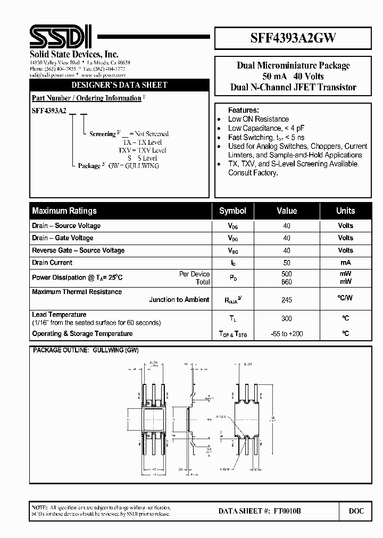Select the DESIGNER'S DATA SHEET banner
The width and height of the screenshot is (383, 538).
pos(119,85)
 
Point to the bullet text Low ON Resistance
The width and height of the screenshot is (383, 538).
pos(259,119)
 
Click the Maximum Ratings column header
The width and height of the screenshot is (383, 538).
pos(64,211)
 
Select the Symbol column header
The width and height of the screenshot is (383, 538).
pos(232,211)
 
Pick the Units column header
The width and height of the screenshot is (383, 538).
pos(345,211)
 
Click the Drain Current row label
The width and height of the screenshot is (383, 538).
pos(52,263)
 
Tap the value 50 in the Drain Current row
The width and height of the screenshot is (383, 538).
pos(287,263)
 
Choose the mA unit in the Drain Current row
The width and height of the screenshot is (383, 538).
pos(345,263)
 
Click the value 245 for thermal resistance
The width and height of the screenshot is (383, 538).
pos(287,300)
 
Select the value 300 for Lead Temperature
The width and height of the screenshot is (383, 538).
pos(287,318)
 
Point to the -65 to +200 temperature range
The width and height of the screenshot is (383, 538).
pos(287,334)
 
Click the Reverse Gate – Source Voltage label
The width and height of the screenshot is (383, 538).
pos(78,250)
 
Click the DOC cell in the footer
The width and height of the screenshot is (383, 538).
pos(356,511)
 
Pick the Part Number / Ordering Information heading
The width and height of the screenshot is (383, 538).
pos(87,98)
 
